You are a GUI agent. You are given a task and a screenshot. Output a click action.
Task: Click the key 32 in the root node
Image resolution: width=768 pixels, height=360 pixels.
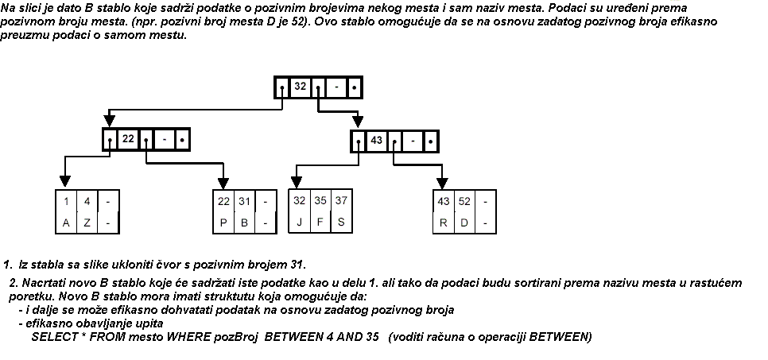pyautogui.click(x=300, y=86)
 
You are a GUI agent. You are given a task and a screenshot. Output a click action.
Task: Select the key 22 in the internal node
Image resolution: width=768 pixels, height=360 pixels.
pyautogui.click(x=129, y=140)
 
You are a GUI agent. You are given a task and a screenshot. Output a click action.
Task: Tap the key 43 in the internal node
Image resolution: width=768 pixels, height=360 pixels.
pyautogui.click(x=377, y=141)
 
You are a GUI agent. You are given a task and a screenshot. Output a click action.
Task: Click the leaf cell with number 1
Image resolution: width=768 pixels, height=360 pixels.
pyautogui.click(x=67, y=202)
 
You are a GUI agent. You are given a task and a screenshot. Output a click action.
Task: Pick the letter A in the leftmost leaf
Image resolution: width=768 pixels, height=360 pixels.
pyautogui.click(x=67, y=223)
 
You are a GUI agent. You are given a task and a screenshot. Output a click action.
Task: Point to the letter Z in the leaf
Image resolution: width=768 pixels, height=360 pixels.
pyautogui.click(x=87, y=223)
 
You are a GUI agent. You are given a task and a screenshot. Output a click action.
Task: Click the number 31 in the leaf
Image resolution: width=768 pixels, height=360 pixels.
pyautogui.click(x=245, y=202)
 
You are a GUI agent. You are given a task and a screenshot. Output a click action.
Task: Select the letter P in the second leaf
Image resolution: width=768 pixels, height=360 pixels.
pyautogui.click(x=223, y=223)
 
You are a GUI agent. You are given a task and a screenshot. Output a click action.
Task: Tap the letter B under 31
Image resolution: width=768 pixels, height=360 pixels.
pyautogui.click(x=245, y=223)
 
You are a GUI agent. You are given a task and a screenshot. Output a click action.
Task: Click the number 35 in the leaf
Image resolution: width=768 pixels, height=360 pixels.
pyautogui.click(x=320, y=201)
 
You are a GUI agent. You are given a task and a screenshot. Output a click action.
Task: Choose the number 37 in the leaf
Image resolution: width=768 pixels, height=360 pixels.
pyautogui.click(x=340, y=201)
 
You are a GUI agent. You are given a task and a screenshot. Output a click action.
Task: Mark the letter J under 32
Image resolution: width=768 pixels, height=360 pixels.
pyautogui.click(x=299, y=222)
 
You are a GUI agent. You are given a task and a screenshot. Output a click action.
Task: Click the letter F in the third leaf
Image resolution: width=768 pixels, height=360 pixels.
pyautogui.click(x=320, y=222)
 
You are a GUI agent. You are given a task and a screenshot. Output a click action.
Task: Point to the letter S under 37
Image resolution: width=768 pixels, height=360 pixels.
pyautogui.click(x=340, y=222)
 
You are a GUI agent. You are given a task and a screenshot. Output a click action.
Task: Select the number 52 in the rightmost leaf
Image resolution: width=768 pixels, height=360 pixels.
pyautogui.click(x=465, y=202)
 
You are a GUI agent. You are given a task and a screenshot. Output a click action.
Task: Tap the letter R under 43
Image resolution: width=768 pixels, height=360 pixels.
pyautogui.click(x=444, y=223)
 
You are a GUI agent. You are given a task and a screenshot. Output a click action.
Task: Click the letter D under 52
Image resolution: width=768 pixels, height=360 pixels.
pyautogui.click(x=465, y=223)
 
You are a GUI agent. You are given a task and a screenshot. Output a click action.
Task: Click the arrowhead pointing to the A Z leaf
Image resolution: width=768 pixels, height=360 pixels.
pyautogui.click(x=65, y=181)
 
